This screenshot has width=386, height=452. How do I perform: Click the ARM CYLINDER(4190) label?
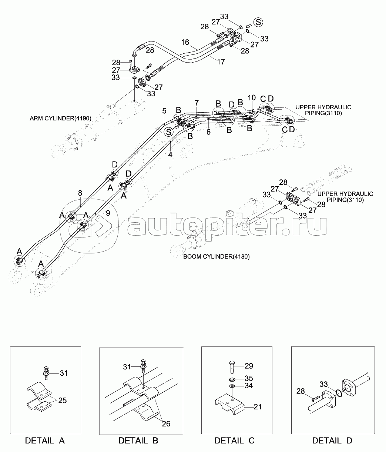point(61,119)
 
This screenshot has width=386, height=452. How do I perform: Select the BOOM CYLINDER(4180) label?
point(216,256)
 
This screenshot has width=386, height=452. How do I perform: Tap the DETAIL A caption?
point(45,441)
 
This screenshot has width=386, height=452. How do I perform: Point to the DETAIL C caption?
point(235,441)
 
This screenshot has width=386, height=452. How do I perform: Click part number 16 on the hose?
point(185,42)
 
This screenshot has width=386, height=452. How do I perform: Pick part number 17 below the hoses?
point(221,62)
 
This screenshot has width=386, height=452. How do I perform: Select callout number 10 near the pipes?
point(252,98)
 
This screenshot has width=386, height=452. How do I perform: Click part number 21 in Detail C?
point(258,407)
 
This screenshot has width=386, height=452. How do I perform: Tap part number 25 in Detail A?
point(63,401)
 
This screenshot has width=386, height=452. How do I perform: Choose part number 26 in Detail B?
point(166,424)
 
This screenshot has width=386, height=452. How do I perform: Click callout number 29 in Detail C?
point(249,366)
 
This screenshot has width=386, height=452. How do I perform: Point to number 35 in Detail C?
point(249,378)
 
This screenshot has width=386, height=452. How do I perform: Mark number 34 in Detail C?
point(249,386)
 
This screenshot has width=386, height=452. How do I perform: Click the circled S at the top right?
point(258,22)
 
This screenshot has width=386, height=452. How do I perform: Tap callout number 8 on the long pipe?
point(80,193)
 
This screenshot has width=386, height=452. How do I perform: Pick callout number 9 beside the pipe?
point(108,213)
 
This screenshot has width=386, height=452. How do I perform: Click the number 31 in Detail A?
point(64,373)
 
